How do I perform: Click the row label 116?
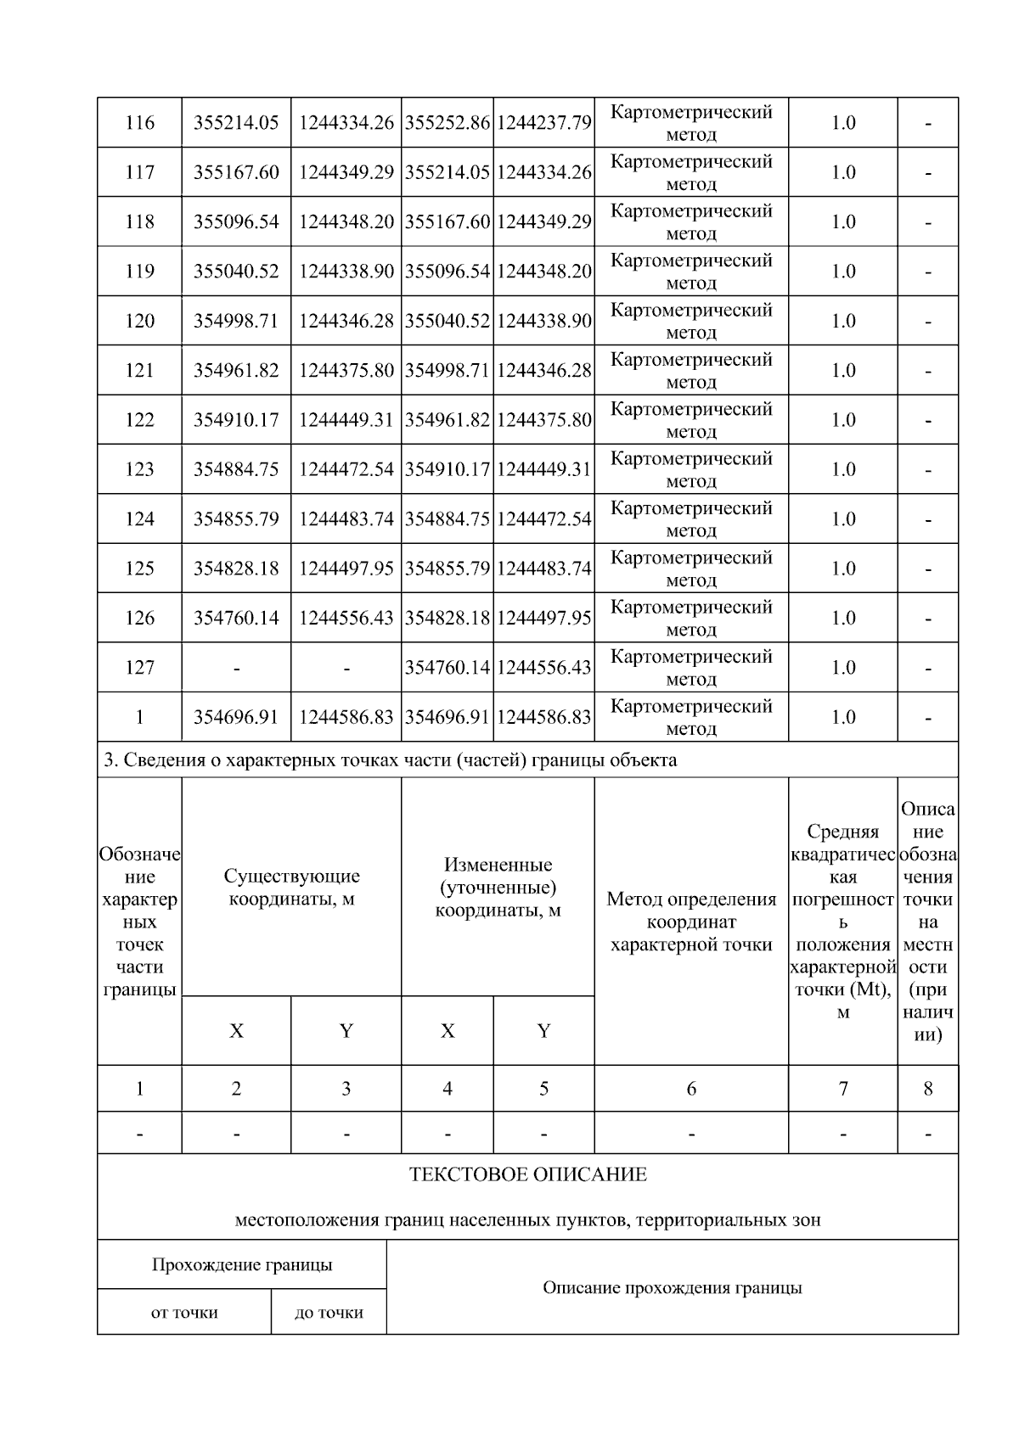(x=139, y=123)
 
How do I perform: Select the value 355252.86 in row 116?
(x=448, y=123)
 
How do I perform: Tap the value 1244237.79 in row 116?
(x=543, y=123)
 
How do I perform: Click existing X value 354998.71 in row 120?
(x=236, y=321)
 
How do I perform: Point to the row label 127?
(x=139, y=668)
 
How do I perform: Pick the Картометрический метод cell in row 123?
(x=691, y=469)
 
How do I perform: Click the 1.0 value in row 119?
(x=842, y=272)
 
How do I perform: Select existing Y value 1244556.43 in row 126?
(x=346, y=618)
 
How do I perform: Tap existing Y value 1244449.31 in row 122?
(x=346, y=420)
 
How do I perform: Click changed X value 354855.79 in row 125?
(x=448, y=569)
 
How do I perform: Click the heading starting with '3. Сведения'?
(x=391, y=760)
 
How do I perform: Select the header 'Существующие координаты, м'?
(x=291, y=888)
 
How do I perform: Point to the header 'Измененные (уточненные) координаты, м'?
(x=498, y=888)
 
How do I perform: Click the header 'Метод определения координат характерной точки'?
(x=691, y=922)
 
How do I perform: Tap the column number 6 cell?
(x=691, y=1089)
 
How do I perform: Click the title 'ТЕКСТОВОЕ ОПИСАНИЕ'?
(x=527, y=1175)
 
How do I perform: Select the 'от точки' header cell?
(x=184, y=1313)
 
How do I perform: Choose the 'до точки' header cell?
(x=329, y=1313)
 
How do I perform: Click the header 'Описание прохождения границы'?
(x=672, y=1288)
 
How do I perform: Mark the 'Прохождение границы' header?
(x=242, y=1265)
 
